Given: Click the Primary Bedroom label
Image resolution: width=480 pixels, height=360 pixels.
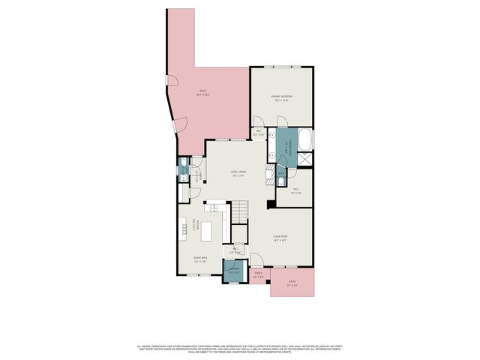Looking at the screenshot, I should coord(280,97).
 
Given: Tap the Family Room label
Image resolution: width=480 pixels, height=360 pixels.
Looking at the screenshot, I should coord(238,173).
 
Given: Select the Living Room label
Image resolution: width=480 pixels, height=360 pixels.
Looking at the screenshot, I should coord(280,238).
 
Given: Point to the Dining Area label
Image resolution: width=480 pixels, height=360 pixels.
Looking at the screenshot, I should coord(201,261).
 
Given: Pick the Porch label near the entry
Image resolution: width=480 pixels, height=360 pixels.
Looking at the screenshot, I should coord(258,276).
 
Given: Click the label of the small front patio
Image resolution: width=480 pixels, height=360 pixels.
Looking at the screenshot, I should coord(292,283).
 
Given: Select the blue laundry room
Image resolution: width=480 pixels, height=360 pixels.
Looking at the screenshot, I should coord(234,271).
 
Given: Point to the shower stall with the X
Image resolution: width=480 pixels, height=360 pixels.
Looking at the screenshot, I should coord(305,159).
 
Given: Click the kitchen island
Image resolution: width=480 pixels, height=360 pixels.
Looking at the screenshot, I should coord(223,225).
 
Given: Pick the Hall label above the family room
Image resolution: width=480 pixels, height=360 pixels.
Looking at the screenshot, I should coord(258,134).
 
